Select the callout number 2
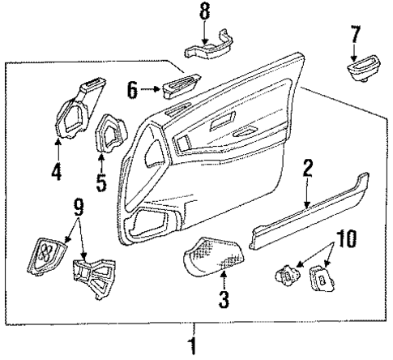[x=308, y=191]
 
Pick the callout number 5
[x=101, y=182]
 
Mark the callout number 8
[x=204, y=13]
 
